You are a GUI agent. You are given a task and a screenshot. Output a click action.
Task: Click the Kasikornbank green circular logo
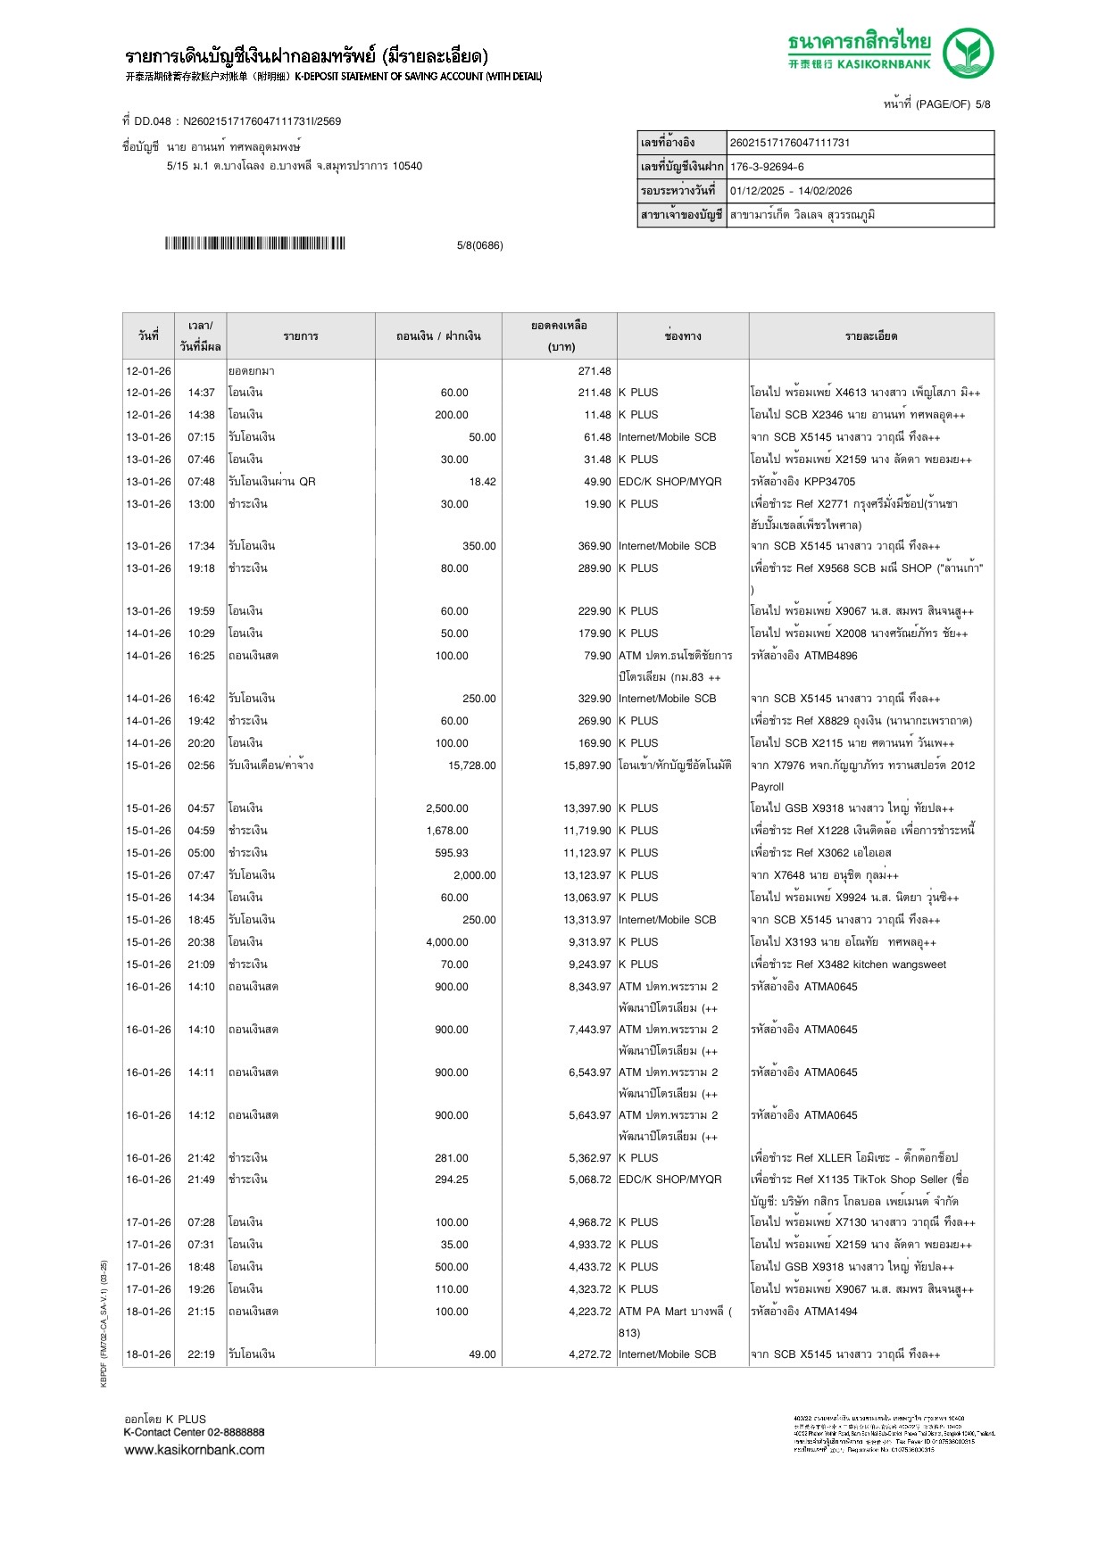coord(968,53)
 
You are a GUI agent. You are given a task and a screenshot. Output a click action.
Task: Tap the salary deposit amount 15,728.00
coord(471,766)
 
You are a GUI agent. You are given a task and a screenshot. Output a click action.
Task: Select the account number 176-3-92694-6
coord(767,167)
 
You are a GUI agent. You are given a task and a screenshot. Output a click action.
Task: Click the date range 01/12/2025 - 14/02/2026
coord(791,191)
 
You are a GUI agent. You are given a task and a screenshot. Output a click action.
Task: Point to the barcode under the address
coord(254,244)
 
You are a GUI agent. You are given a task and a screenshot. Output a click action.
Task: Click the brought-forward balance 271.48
coord(595,371)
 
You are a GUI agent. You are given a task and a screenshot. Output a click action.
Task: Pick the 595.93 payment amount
coord(452,853)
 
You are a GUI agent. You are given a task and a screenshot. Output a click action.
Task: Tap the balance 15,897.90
coord(586,766)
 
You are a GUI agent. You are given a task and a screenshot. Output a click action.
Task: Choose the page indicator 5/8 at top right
coord(983,104)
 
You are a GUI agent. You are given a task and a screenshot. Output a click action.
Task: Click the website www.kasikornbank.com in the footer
coord(195,1450)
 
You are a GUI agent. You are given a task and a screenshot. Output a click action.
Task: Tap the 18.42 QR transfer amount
coord(482,482)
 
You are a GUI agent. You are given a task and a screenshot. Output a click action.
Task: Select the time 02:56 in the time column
coord(201,766)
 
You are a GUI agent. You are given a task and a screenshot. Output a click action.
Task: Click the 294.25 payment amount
coord(452,1180)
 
